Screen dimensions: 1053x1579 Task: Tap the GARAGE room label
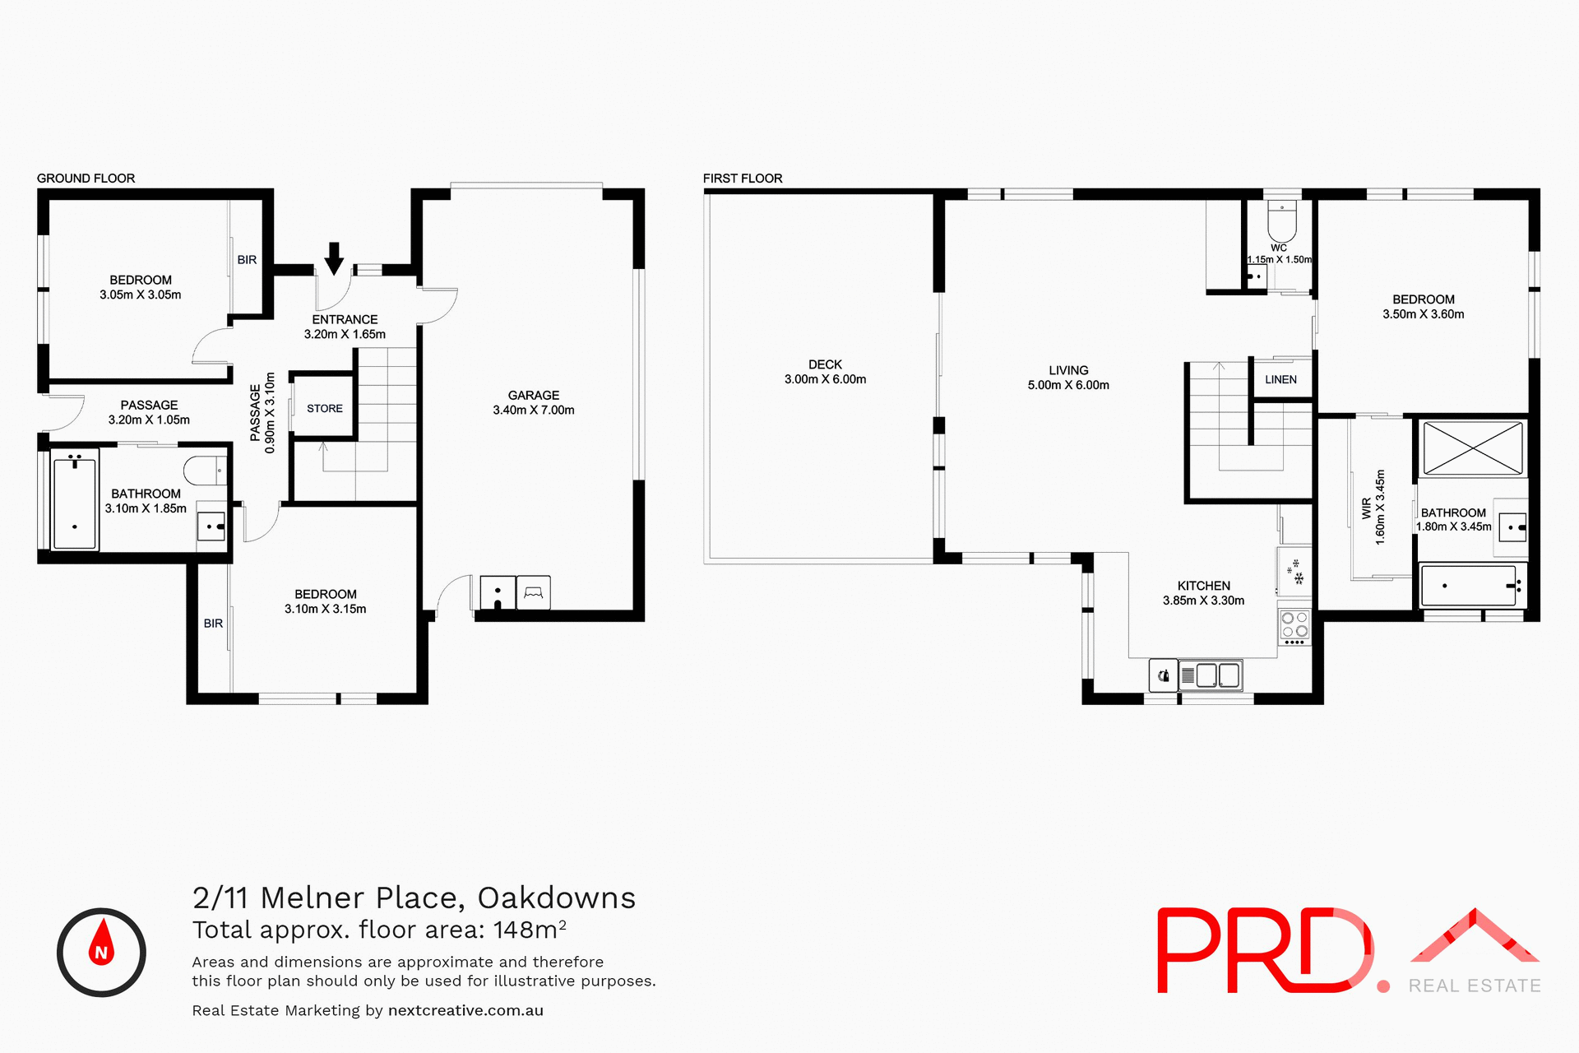click(533, 396)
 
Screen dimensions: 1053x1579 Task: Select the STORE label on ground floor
click(325, 409)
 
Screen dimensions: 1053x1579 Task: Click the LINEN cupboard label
click(1280, 380)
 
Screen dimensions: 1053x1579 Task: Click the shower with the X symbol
click(1472, 448)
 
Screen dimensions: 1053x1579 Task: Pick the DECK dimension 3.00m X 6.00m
click(825, 379)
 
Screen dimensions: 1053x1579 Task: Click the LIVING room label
click(1068, 371)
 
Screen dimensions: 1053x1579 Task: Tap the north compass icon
click(101, 953)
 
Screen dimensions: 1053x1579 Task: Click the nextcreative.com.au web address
click(465, 1011)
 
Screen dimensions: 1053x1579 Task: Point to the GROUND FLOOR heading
click(86, 179)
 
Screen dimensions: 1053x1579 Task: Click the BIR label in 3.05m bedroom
click(247, 260)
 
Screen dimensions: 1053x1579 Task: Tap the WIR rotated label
click(1367, 508)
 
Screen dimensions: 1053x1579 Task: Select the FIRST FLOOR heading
click(742, 179)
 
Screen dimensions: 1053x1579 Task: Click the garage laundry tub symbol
click(498, 593)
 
